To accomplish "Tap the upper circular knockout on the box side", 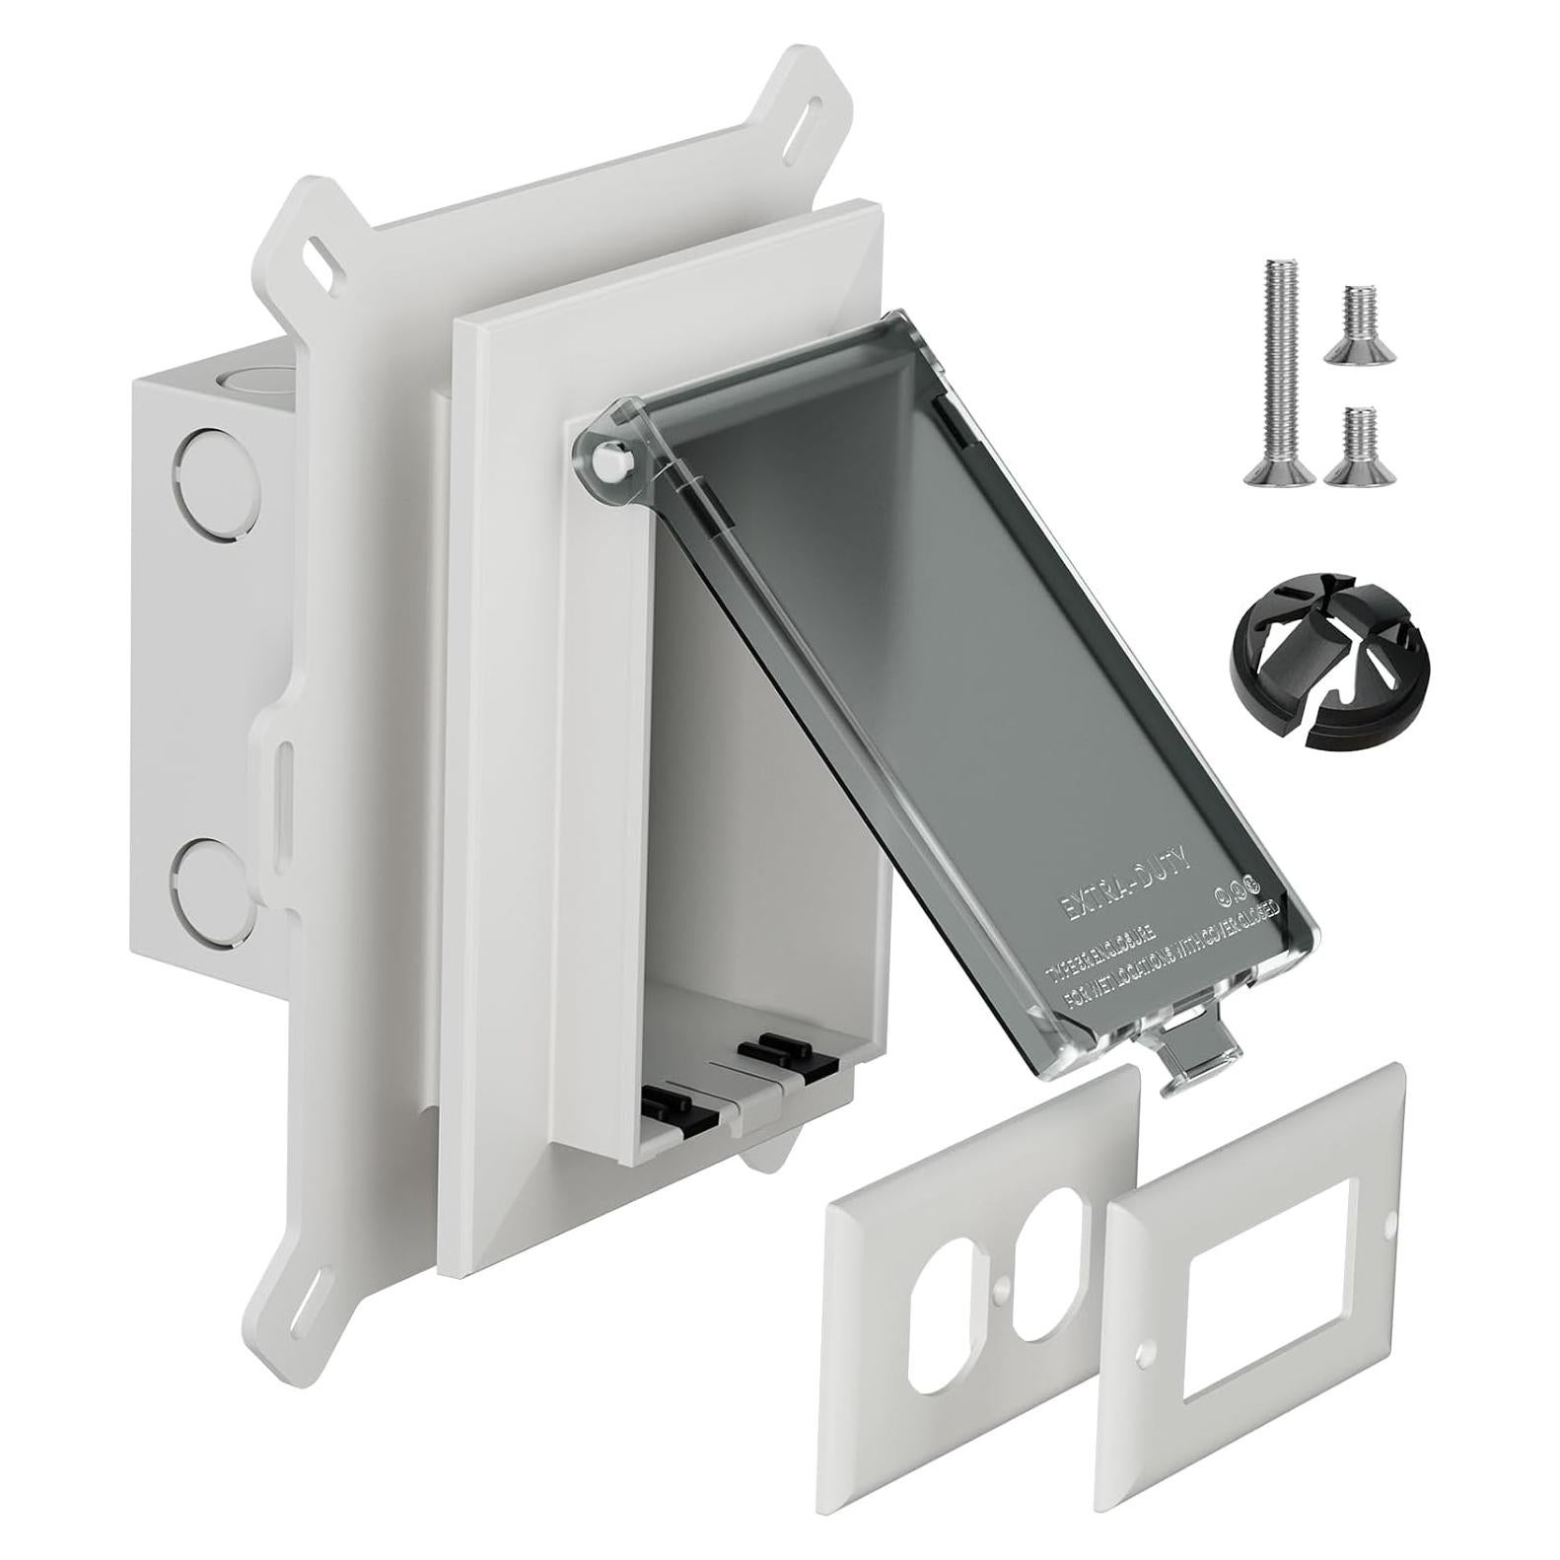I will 201,461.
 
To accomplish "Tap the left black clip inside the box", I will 672,1105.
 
